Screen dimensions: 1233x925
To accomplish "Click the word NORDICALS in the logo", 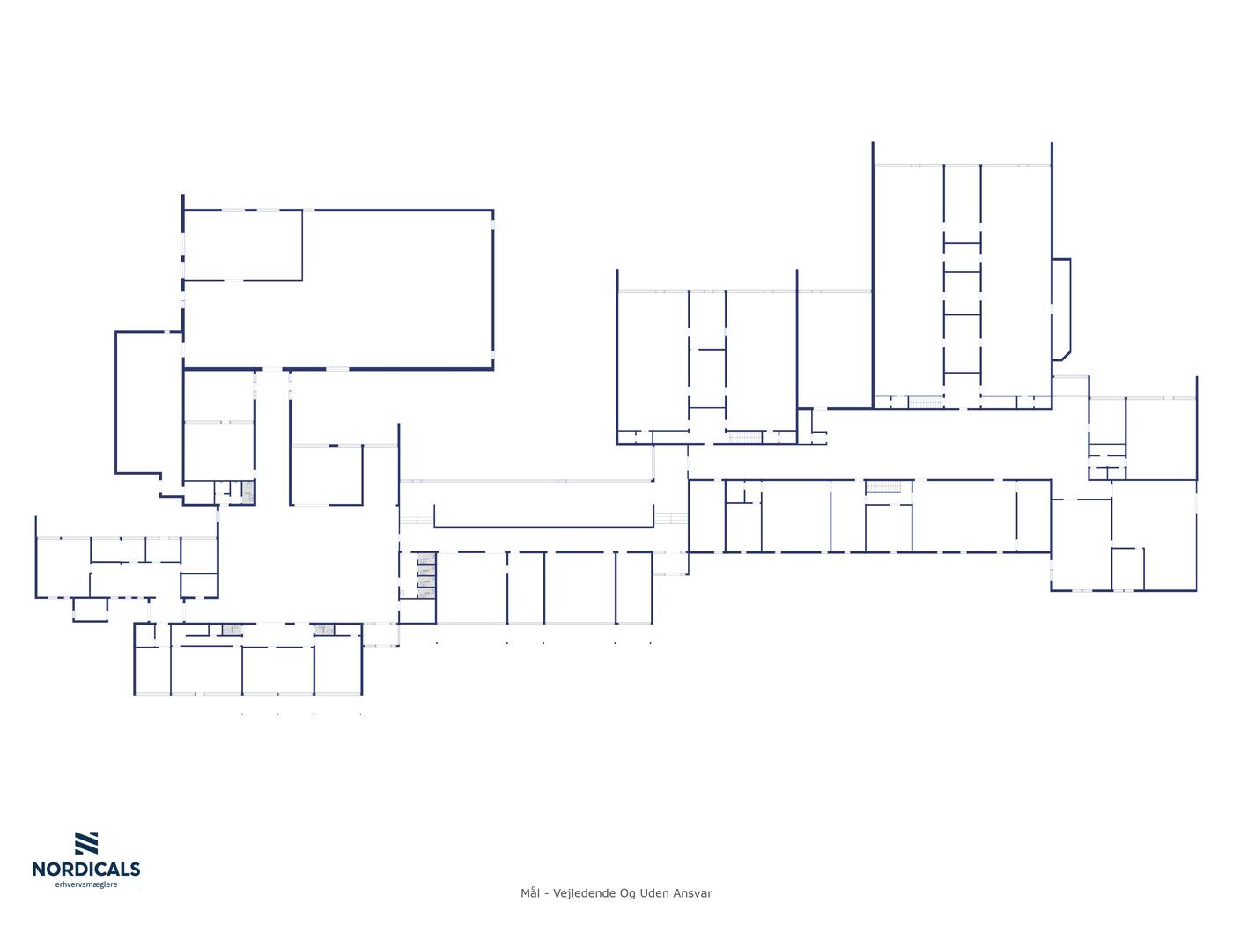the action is tap(86, 869).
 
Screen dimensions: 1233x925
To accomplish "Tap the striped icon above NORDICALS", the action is tap(86, 843).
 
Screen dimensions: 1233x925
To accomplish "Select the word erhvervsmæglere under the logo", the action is tap(86, 884).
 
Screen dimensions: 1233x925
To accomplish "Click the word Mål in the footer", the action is tap(529, 893).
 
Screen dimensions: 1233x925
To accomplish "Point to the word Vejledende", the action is tap(583, 893).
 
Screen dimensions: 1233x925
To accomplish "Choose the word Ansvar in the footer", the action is tap(693, 893).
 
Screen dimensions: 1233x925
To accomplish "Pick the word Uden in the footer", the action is tap(654, 893).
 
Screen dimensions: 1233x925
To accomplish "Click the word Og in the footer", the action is tap(627, 893).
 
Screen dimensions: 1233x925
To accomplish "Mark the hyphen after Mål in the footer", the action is tap(547, 893).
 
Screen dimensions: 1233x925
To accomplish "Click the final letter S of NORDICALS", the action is tap(134, 869).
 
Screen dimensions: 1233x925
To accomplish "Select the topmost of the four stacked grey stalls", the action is tap(426, 559).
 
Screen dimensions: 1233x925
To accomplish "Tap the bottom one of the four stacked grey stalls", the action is tap(426, 593).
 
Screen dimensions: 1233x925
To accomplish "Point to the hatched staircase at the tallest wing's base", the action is tap(925, 402).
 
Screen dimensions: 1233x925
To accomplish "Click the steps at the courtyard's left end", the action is tap(417, 519).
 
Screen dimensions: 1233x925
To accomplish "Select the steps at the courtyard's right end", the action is tap(671, 518).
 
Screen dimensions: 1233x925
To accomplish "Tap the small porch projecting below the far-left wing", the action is tap(90, 610).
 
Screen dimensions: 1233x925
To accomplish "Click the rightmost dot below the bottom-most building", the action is tap(360, 714).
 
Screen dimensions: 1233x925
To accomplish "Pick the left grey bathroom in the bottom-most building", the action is tap(232, 630).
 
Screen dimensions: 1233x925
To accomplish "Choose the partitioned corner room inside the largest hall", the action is tap(243, 246).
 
